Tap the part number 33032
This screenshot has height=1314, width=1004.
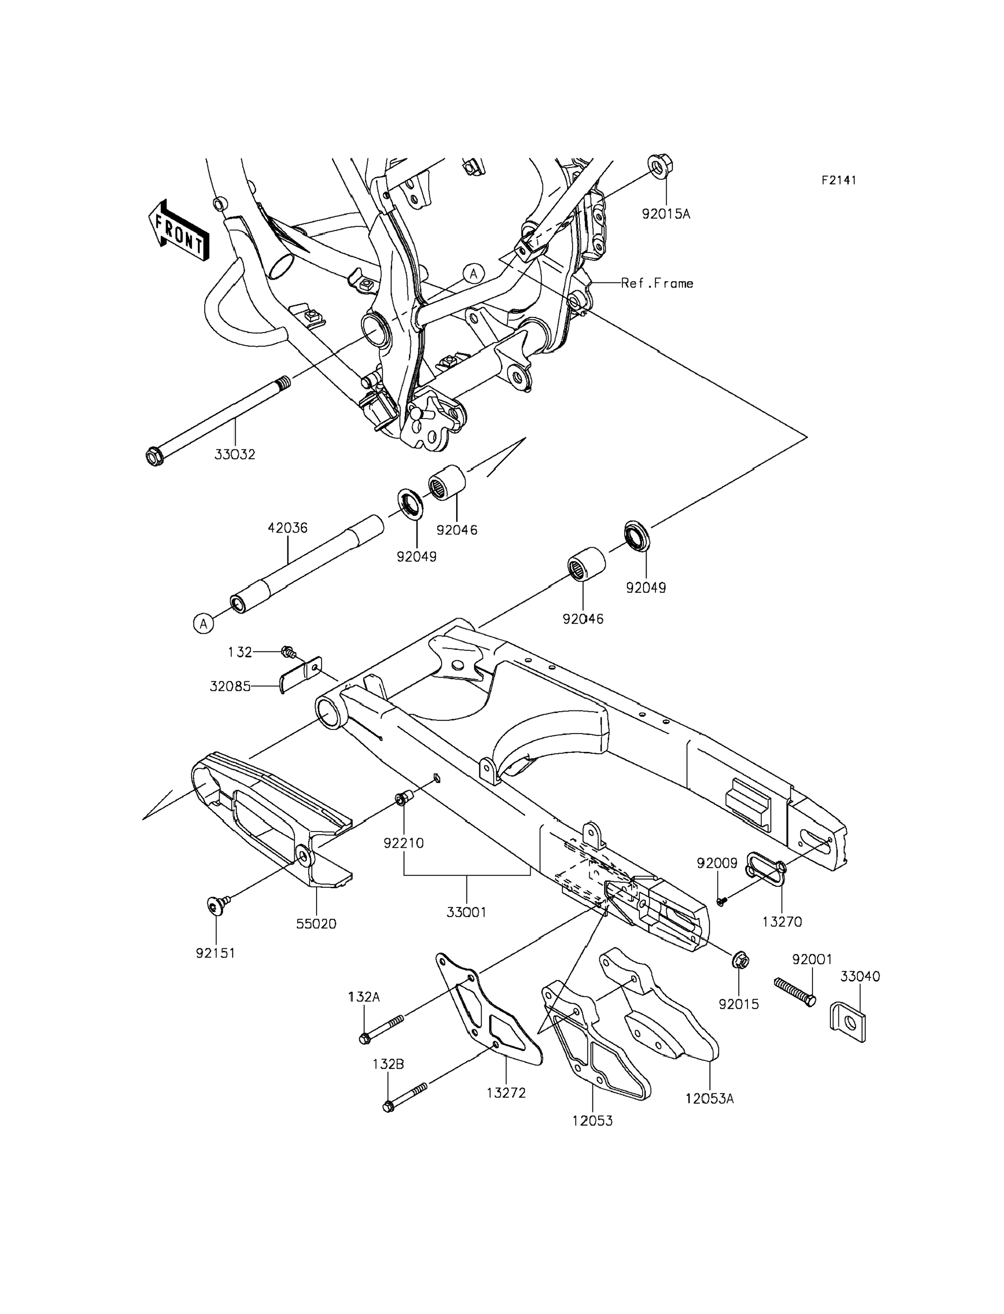pyautogui.click(x=235, y=454)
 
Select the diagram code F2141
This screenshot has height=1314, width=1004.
pyautogui.click(x=838, y=180)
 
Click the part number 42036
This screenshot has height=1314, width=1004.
pyautogui.click(x=287, y=528)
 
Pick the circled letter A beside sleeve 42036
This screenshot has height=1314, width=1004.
pyautogui.click(x=203, y=624)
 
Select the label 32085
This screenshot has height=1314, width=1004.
pyautogui.click(x=230, y=686)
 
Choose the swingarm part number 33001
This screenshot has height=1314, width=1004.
pyautogui.click(x=466, y=912)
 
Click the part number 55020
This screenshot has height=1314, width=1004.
pyautogui.click(x=316, y=924)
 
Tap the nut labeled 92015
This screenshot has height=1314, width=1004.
pyautogui.click(x=739, y=962)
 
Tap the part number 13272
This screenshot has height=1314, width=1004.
pyautogui.click(x=506, y=1093)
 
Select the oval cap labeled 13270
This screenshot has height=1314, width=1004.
pyautogui.click(x=766, y=872)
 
